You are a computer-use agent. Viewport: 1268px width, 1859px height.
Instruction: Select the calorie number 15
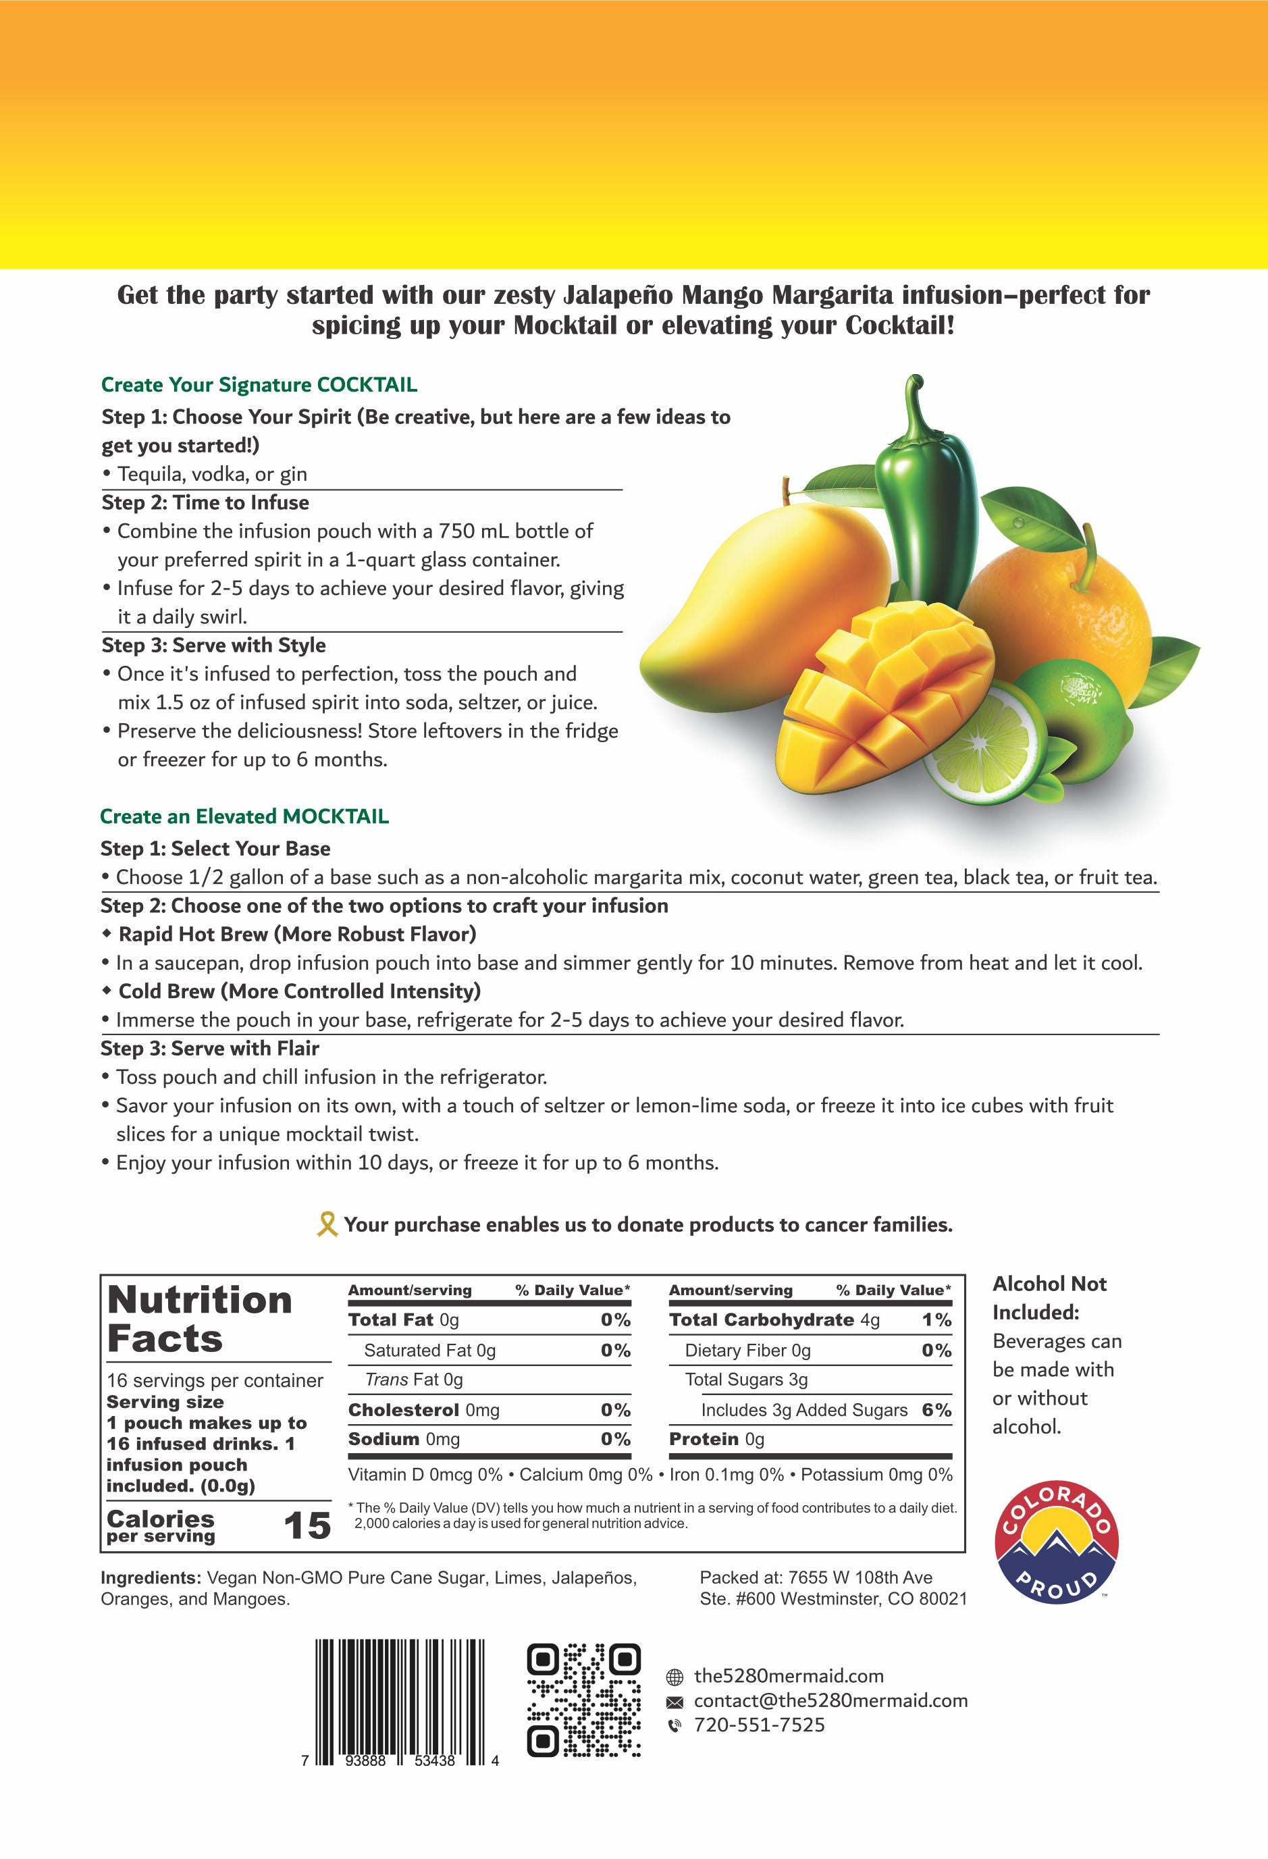coord(307,1526)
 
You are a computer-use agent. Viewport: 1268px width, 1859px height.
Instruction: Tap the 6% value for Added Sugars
coord(936,1410)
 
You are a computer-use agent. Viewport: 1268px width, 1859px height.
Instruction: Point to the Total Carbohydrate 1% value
coord(936,1320)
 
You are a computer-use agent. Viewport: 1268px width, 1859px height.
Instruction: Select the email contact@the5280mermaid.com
coord(830,1700)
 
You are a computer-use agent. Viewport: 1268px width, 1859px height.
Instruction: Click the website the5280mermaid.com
coord(788,1676)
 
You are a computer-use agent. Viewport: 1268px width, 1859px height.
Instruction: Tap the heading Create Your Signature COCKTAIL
coord(259,385)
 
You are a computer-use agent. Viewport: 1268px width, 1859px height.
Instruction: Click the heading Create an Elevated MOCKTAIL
coord(244,816)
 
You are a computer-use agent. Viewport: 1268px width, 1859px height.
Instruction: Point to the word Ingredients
coord(150,1578)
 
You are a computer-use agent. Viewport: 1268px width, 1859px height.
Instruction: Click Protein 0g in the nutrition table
coord(716,1439)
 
